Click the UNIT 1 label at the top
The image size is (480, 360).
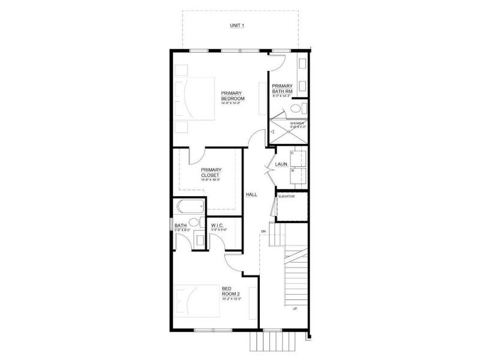[239, 26]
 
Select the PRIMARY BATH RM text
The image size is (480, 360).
[281, 89]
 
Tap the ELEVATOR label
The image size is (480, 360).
[287, 196]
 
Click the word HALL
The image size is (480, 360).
[251, 194]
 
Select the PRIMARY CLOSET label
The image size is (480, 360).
[212, 173]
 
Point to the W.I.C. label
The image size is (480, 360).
[217, 226]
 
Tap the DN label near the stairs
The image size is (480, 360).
[263, 231]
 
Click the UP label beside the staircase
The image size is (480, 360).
[294, 310]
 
